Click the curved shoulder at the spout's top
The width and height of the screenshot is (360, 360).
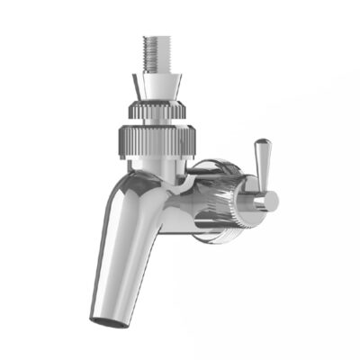(x=135, y=180)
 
